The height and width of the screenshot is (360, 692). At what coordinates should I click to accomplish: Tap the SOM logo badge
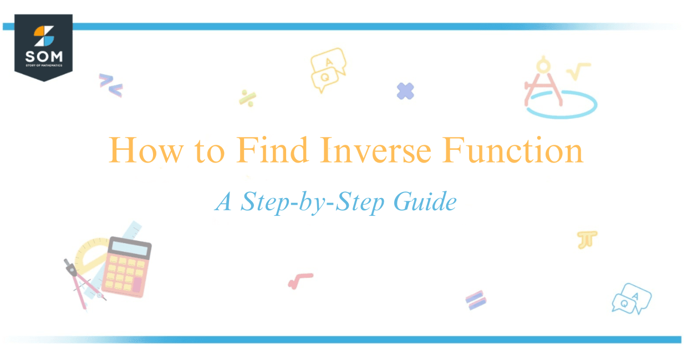[43, 48]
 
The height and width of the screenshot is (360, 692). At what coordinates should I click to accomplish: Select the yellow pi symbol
[587, 240]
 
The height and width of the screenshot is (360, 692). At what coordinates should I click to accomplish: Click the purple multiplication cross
[406, 91]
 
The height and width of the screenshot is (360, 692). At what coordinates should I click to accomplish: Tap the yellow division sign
[247, 98]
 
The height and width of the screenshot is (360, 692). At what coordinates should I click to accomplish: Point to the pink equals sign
[476, 300]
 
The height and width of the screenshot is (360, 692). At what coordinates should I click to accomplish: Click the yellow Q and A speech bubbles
[327, 69]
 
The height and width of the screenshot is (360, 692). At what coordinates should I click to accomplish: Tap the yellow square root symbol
[578, 71]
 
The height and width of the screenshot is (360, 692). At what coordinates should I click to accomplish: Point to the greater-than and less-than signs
[110, 85]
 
